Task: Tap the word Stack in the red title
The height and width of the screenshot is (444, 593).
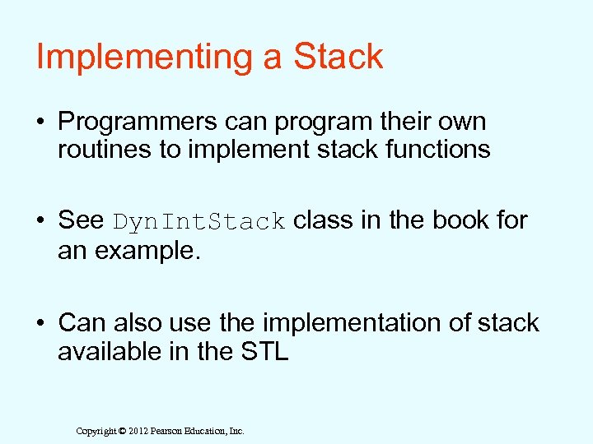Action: [339, 57]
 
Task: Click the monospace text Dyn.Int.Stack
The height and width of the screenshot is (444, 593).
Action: [199, 222]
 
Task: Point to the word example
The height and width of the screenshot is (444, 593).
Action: [147, 250]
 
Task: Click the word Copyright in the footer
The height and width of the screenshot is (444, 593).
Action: [96, 431]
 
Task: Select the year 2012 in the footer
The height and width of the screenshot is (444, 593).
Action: [138, 431]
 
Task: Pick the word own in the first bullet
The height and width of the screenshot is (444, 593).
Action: [465, 122]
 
